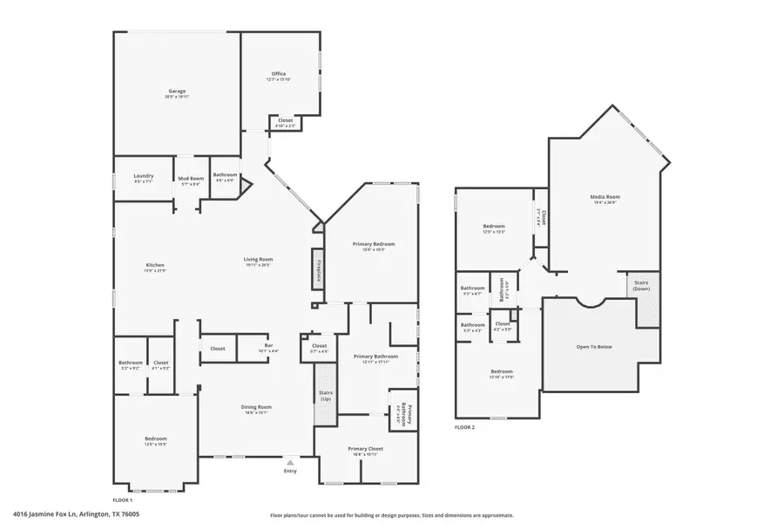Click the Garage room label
click(177, 91)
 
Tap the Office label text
click(279, 73)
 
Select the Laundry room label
click(144, 176)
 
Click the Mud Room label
click(191, 178)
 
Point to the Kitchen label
click(155, 265)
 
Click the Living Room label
click(259, 259)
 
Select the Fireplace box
click(320, 265)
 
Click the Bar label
click(268, 346)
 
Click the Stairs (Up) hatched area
click(325, 395)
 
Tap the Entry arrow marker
click(290, 462)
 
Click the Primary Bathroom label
click(375, 356)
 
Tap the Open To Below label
click(594, 347)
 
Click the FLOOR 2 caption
click(466, 428)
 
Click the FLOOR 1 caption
click(123, 499)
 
